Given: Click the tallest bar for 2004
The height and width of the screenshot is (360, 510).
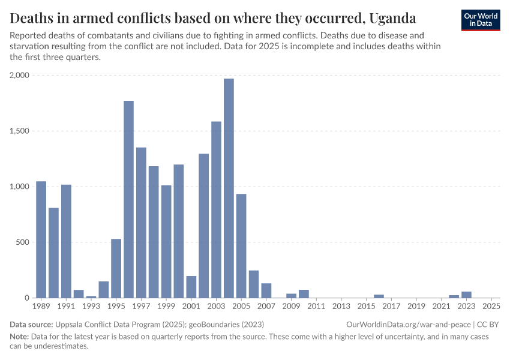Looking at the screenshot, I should pyautogui.click(x=229, y=188).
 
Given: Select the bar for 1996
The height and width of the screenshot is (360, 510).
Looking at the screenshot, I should pyautogui.click(x=128, y=199).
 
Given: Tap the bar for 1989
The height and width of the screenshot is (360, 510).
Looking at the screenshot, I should pyautogui.click(x=41, y=239).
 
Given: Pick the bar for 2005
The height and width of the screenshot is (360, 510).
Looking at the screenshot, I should pyautogui.click(x=241, y=246).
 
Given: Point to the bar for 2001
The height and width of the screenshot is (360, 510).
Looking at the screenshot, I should pyautogui.click(x=191, y=287).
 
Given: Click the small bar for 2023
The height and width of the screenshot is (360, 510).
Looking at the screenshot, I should pyautogui.click(x=466, y=295).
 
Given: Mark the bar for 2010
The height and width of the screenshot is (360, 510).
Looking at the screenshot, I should pyautogui.click(x=304, y=294).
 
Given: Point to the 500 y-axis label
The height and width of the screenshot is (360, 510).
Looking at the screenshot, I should pyautogui.click(x=22, y=242).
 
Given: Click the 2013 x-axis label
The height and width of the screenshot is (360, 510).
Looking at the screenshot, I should pyautogui.click(x=341, y=307).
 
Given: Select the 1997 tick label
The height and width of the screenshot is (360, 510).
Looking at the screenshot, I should pyautogui.click(x=141, y=307).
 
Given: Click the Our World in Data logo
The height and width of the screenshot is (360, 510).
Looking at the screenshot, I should pyautogui.click(x=481, y=20).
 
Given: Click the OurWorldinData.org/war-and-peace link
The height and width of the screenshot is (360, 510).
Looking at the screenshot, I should pyautogui.click(x=409, y=325).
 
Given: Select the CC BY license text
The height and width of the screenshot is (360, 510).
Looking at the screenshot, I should pyautogui.click(x=488, y=325).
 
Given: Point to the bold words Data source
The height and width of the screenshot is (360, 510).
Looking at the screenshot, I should pyautogui.click(x=31, y=325).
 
